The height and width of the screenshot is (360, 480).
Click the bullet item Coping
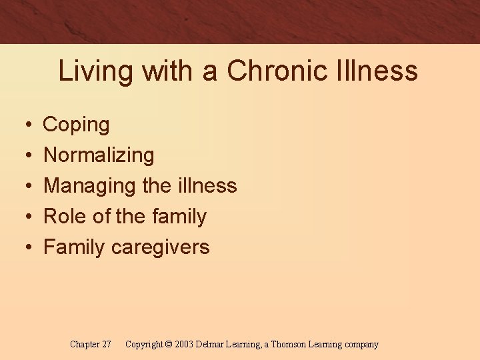pyautogui.click(x=76, y=125)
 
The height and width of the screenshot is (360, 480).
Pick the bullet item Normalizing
pyautogui.click(x=99, y=155)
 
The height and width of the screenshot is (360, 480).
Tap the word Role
pyautogui.click(x=65, y=216)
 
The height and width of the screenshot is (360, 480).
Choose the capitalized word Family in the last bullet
pyautogui.click(x=74, y=247)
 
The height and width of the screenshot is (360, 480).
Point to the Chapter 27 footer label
pyautogui.click(x=90, y=345)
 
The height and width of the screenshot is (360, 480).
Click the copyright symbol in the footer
pyautogui.click(x=168, y=345)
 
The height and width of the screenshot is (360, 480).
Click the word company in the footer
pyautogui.click(x=361, y=345)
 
